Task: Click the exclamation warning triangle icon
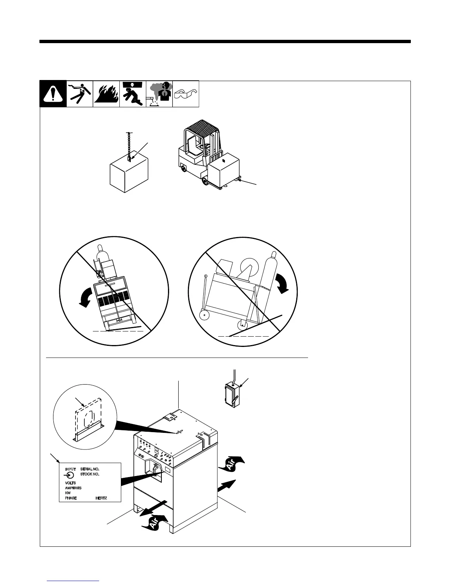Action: pos(53,94)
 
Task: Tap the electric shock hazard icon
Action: pos(80,94)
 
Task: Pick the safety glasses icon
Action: pos(186,94)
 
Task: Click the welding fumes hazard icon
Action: pos(159,94)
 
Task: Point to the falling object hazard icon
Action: pos(133,94)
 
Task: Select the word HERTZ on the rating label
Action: pos(101,498)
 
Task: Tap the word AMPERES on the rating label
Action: pos(73,488)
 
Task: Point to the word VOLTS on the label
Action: pos(70,483)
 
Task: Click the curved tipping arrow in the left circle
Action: pos(87,296)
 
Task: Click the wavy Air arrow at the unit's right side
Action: pos(231,463)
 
